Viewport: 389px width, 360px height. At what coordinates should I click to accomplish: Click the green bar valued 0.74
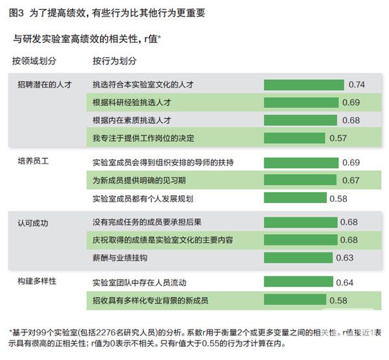[x=303, y=85]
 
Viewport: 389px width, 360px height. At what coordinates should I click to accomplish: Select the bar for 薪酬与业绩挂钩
[x=298, y=258]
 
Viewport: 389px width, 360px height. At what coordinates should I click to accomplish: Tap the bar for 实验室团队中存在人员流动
[x=299, y=282]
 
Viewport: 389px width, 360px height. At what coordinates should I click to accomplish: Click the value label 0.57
[x=338, y=138]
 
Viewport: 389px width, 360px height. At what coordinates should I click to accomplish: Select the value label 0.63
[x=344, y=258]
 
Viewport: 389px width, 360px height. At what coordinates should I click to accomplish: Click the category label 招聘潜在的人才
[x=45, y=85]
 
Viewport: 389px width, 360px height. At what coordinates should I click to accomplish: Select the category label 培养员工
[x=33, y=162]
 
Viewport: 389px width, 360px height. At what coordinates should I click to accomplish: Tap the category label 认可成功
[x=33, y=222]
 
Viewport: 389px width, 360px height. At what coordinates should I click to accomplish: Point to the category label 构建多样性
[x=37, y=281]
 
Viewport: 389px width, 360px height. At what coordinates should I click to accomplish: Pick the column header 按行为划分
[x=115, y=60]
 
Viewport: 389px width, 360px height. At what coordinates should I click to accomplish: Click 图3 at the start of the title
[x=16, y=10]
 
